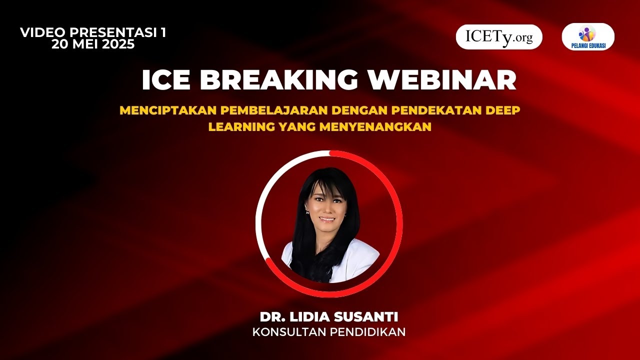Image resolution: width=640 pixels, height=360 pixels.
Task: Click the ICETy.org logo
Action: click(499, 37)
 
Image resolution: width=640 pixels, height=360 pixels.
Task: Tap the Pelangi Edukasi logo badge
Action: click(588, 37)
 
